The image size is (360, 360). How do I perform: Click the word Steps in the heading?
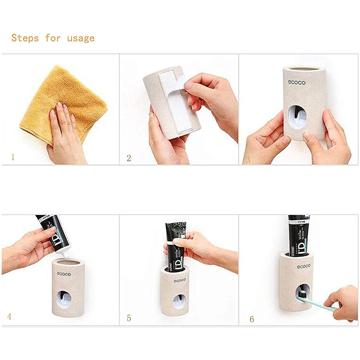(26, 38)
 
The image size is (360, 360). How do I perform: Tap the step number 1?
(13, 157)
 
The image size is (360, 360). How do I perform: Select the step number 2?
(129, 158)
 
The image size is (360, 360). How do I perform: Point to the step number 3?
(247, 159)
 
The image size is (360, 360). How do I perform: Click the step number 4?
(9, 316)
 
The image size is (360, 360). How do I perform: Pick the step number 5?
(129, 318)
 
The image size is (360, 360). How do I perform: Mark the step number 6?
(252, 319)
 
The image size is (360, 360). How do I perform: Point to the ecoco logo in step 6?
(302, 267)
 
